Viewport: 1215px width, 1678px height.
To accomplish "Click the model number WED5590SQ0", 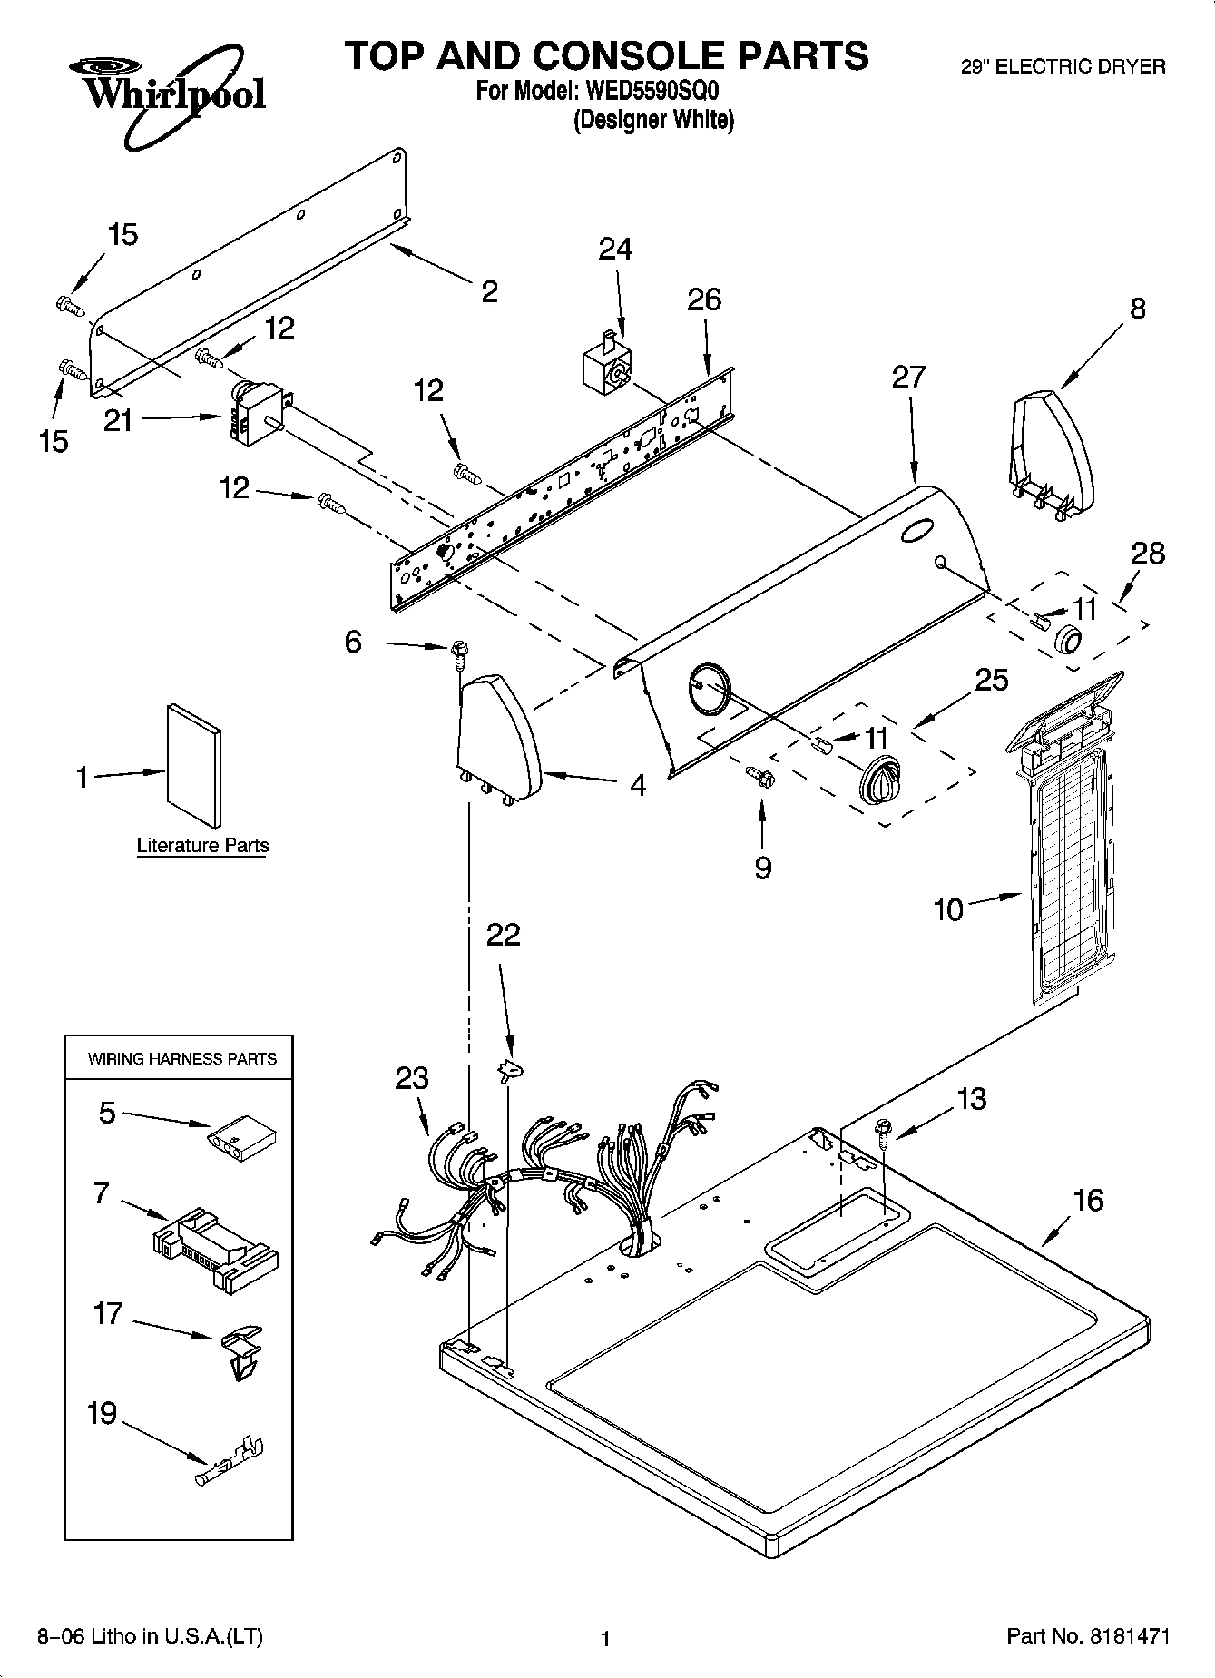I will click(x=648, y=92).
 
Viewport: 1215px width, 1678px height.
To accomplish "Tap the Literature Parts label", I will click(x=202, y=846).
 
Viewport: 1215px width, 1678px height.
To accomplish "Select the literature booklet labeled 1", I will click(x=193, y=765).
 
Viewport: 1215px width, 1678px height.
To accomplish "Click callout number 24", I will click(x=615, y=249).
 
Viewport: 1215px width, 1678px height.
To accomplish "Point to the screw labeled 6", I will click(x=459, y=653).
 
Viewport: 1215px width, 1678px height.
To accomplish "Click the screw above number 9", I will click(x=759, y=777).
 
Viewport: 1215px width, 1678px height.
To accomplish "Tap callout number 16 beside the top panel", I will click(x=1088, y=1200).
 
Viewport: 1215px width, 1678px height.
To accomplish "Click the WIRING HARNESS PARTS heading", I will click(x=181, y=1059).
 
